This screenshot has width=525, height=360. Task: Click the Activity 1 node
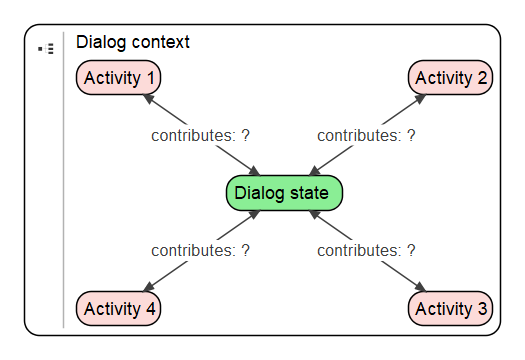tap(119, 78)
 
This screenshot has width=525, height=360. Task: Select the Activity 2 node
tap(451, 78)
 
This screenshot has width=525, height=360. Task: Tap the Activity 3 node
tap(451, 309)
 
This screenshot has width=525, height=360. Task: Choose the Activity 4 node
tap(119, 309)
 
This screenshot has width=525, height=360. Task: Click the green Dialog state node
tap(285, 193)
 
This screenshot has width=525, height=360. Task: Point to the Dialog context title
tap(133, 43)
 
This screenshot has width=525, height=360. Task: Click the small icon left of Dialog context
tap(45, 48)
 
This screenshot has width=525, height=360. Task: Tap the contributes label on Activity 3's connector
tap(366, 251)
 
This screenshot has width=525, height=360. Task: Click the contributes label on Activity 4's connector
tap(200, 251)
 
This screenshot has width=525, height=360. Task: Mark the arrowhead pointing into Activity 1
tap(148, 98)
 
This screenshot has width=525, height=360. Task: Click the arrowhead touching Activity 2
tap(422, 98)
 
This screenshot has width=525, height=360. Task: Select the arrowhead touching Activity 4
tap(148, 290)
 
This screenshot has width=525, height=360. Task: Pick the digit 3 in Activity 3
tap(483, 309)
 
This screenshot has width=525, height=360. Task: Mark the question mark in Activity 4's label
tap(244, 251)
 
